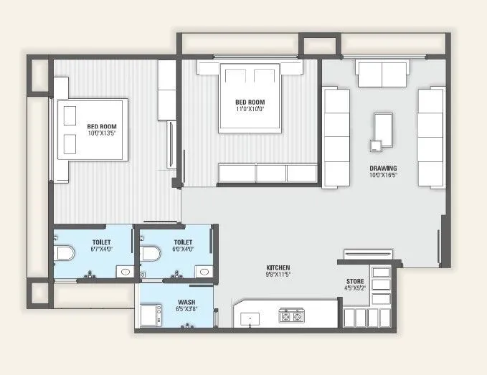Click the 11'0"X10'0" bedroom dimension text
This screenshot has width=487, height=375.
(x=250, y=110)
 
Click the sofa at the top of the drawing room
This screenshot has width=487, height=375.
(x=381, y=74)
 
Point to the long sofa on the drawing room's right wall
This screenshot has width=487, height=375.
(x=431, y=137)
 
